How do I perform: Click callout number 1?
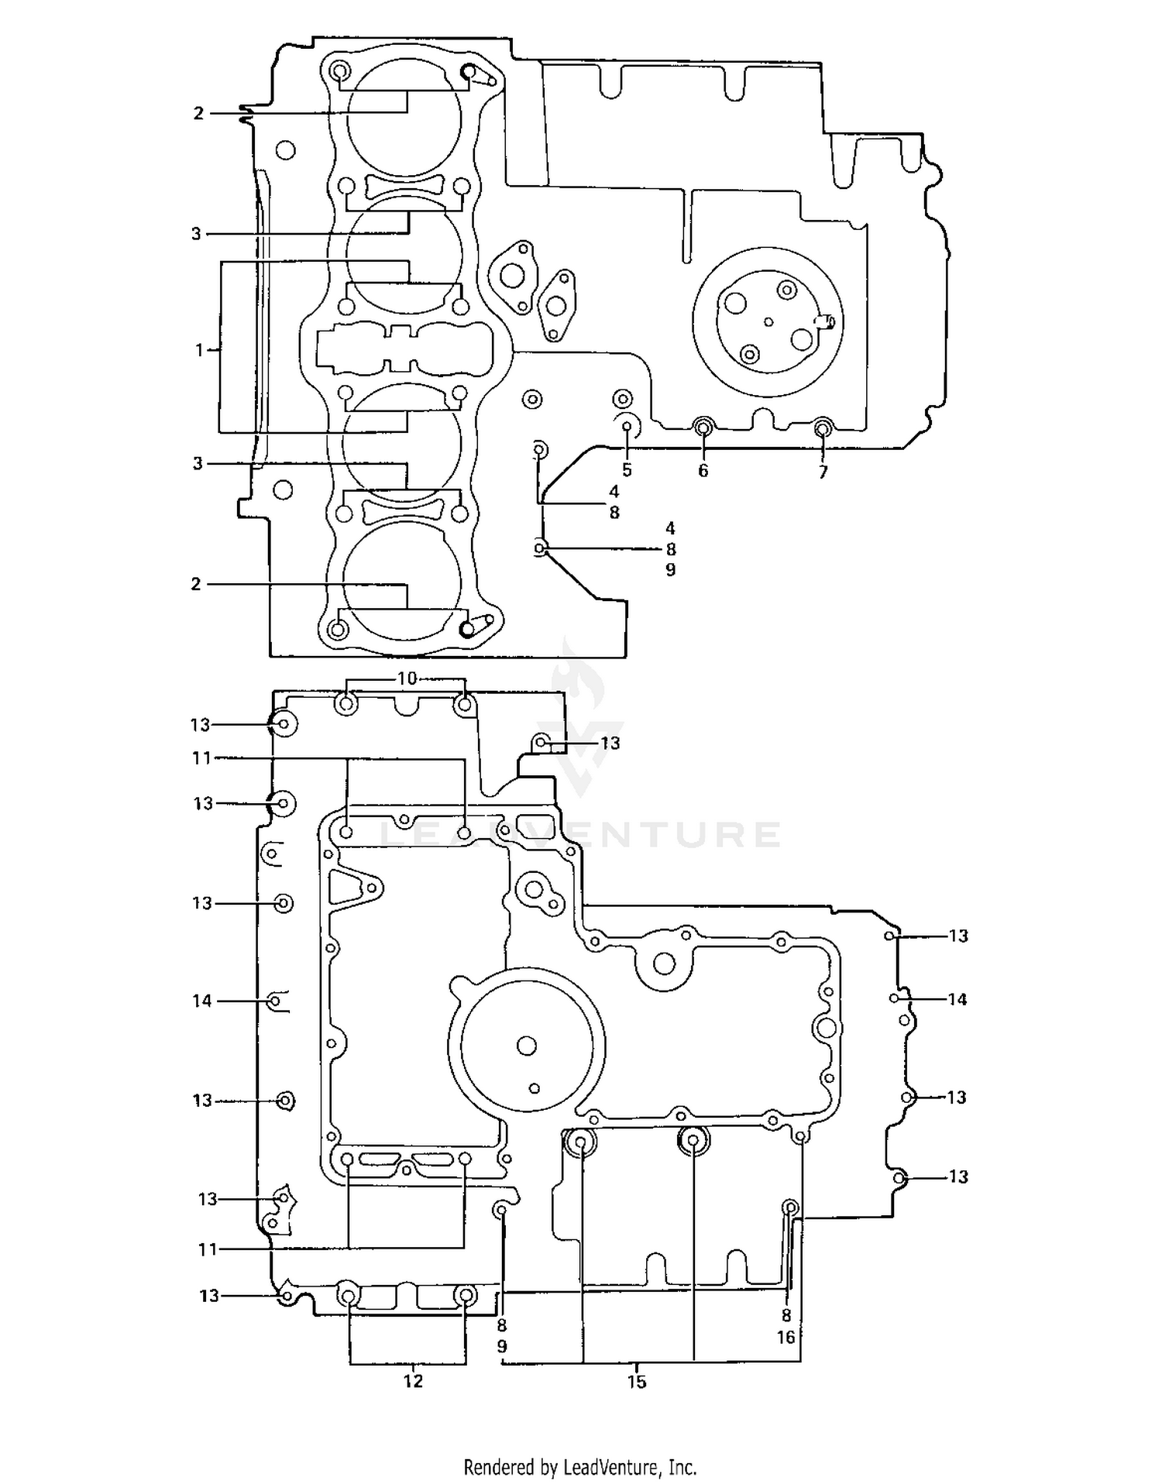click(x=199, y=350)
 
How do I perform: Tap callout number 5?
click(x=627, y=470)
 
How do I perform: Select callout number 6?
click(x=703, y=471)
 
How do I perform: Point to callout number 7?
click(x=823, y=472)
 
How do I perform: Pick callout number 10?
click(x=407, y=678)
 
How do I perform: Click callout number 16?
click(x=786, y=1337)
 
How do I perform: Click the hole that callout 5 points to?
click(x=627, y=425)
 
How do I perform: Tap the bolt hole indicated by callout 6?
click(x=703, y=426)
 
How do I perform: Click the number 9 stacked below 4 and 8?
click(x=671, y=569)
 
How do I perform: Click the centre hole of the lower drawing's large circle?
click(x=527, y=1046)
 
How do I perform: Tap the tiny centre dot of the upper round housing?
click(x=768, y=322)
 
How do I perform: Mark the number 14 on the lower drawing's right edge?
click(x=957, y=999)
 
